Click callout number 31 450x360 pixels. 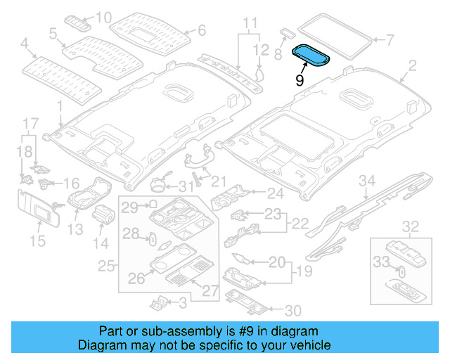coord(185,187)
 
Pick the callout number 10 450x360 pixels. coord(103,16)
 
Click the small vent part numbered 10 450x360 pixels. coord(79,21)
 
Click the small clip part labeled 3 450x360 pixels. coord(159,302)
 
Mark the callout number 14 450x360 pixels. coord(102,244)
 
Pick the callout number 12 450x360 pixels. coord(261,49)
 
